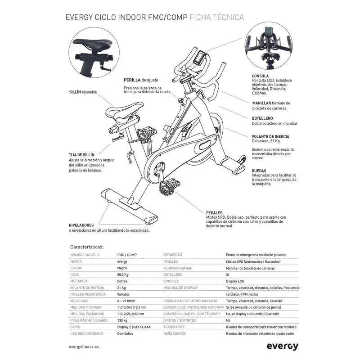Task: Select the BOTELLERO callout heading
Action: [x=262, y=118]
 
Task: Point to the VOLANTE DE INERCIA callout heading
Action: [x=270, y=136]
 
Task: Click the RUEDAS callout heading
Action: [x=260, y=171]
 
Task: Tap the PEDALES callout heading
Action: [x=214, y=212]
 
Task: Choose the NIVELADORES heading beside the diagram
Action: [x=81, y=225]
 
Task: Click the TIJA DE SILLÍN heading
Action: [x=81, y=154]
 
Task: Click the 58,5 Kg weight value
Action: [x=124, y=274]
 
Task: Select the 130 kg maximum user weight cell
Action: [x=122, y=320]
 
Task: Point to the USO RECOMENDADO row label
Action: [x=86, y=333]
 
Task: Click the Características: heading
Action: [x=87, y=247]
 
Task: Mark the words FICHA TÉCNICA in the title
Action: [x=217, y=18]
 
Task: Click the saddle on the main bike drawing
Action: [x=126, y=109]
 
